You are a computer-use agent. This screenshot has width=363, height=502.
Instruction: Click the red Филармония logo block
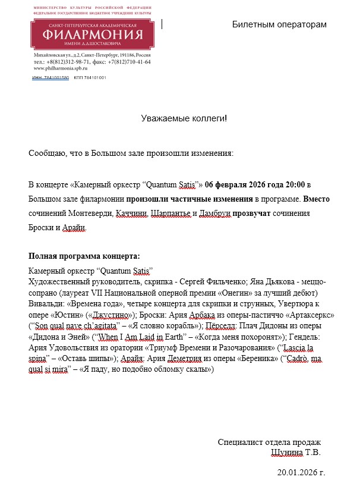(x=89, y=33)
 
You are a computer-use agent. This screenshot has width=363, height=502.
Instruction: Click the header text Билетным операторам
(x=279, y=24)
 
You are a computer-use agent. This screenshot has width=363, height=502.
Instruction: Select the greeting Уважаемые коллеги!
(x=184, y=118)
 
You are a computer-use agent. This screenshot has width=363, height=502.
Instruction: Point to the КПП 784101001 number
(x=90, y=78)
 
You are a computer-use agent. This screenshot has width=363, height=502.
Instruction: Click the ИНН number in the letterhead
(x=50, y=78)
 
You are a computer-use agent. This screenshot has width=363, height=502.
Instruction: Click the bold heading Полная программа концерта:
(x=84, y=256)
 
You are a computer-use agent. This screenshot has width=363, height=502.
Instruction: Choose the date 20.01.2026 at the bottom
(x=301, y=473)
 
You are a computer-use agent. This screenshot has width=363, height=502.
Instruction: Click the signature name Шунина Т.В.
(x=295, y=453)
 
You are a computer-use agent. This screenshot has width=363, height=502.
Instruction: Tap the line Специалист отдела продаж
(x=269, y=442)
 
